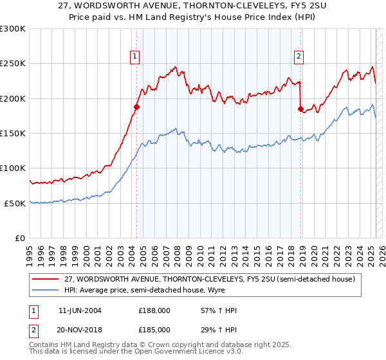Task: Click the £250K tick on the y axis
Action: pos(13,64)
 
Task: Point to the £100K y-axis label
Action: pos(13,168)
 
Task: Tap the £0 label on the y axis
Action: pos(20,238)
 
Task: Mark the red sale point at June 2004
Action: pos(136,107)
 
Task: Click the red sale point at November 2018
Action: pos(300,109)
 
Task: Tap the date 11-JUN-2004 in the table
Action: pos(80,310)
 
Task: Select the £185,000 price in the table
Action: pos(158,329)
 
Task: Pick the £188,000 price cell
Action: pos(158,310)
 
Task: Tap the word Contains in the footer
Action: pos(44,346)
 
